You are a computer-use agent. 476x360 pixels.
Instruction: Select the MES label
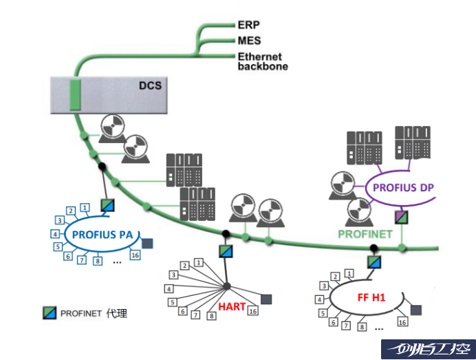tap(248, 40)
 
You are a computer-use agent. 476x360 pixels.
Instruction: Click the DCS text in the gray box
tap(149, 86)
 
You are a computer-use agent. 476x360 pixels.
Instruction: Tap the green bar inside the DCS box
tap(76, 95)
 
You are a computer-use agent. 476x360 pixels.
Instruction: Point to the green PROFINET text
tap(365, 234)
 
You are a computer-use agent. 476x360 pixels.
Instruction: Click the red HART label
tap(231, 306)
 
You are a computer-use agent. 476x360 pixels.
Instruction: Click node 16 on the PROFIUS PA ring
tap(135, 255)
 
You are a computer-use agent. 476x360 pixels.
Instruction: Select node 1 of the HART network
tap(198, 262)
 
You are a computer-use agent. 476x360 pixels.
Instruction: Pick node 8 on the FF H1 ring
tap(363, 328)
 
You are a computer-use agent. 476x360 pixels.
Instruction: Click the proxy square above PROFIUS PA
tap(107, 205)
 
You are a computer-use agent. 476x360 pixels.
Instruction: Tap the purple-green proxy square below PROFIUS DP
tap(402, 217)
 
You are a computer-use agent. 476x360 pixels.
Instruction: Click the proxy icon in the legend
tap(49, 313)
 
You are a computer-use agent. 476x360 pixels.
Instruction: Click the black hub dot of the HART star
tap(226, 286)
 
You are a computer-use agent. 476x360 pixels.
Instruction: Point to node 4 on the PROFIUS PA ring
tap(54, 234)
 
